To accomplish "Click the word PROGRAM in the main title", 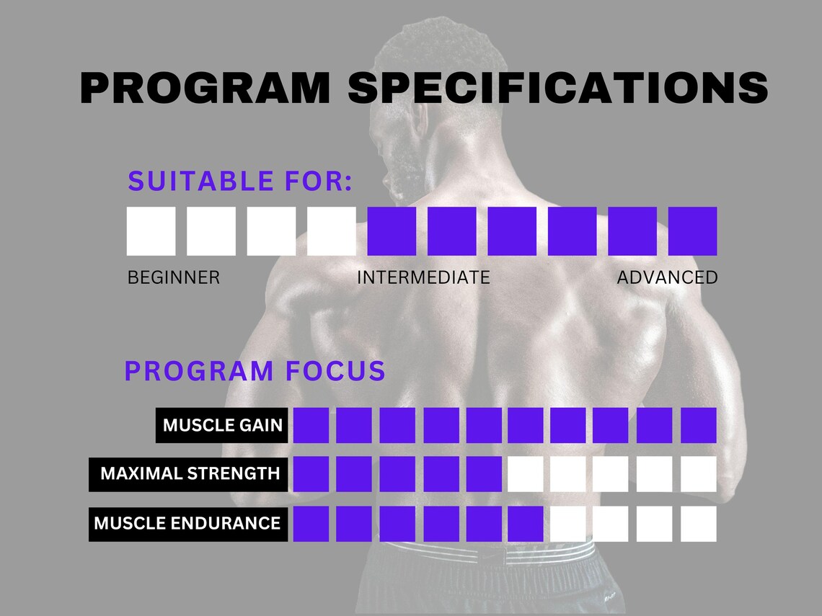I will pos(205,89).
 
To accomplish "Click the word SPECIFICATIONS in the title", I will pos(557,89).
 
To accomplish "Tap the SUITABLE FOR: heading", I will pos(240,182).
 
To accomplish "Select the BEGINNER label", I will pos(173,277).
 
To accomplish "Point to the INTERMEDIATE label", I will pos(423,277).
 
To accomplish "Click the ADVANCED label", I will pos(667,277).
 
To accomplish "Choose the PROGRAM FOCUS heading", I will pos(255,371).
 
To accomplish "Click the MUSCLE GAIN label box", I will pos(222,425).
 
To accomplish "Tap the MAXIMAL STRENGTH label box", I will pos(189,473).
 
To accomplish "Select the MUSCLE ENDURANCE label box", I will pos(187,523).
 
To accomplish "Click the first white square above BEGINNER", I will pos(151,231).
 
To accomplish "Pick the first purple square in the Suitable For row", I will pos(392,231).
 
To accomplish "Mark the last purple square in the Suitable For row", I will pos(692,231).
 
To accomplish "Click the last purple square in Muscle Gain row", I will pos(698,425).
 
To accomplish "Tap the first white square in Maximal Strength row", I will pos(525,473).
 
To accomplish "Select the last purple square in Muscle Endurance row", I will pos(525,523).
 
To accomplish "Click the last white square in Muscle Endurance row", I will pos(698,523).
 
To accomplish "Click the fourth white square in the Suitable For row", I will pos(331,231).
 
